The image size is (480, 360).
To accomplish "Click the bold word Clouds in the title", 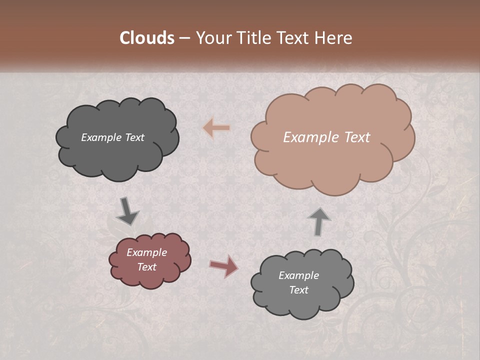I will [x=147, y=38].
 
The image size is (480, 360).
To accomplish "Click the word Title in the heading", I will [x=254, y=38].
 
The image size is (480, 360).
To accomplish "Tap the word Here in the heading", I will [x=334, y=38].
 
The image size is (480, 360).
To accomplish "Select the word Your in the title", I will [x=213, y=38].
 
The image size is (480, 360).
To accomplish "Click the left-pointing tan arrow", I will [x=216, y=128].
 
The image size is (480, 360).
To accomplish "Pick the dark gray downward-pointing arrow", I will [x=127, y=211].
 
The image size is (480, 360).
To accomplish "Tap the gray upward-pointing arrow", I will [x=318, y=221].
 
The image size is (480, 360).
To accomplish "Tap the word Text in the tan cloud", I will [x=357, y=137].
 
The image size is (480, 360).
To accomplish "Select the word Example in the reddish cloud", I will [x=146, y=252].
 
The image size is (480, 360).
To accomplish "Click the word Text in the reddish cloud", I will [x=146, y=267].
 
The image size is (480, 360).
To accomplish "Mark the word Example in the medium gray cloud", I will [x=298, y=275].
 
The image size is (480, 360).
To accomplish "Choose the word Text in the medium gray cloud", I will [x=298, y=290].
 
